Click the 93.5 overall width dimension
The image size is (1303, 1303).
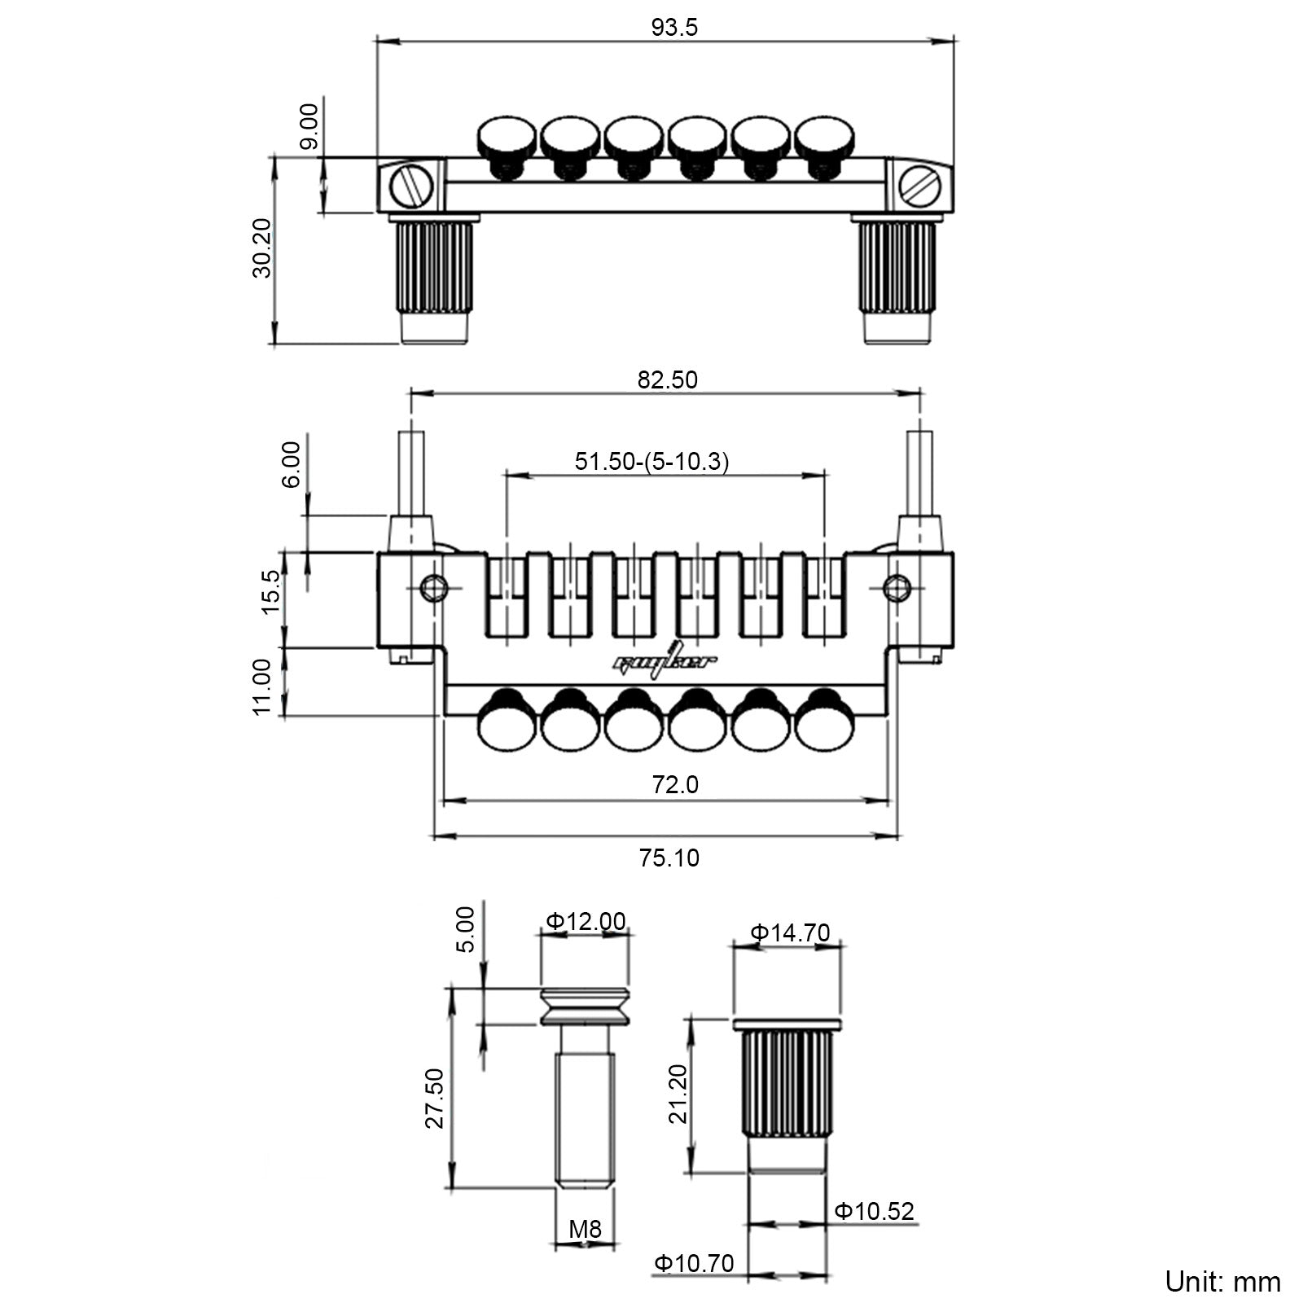(x=674, y=28)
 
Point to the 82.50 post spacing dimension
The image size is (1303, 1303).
(x=668, y=380)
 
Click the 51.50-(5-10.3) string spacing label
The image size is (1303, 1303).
(x=651, y=462)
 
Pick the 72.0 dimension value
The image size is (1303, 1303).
(x=675, y=784)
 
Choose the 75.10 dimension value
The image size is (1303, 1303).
(x=669, y=858)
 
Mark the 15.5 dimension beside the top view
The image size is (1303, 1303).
(x=271, y=591)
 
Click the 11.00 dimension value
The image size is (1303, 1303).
(x=262, y=687)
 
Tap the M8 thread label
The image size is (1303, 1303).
(x=585, y=1229)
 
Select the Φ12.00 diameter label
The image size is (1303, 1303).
(x=586, y=921)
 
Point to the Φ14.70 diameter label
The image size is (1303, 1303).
(x=790, y=932)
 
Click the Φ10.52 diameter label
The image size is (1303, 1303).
(x=875, y=1211)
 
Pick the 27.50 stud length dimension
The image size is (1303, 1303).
(x=435, y=1098)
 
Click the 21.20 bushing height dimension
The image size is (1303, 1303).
(x=678, y=1094)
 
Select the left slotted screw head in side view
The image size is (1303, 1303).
(x=411, y=186)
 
